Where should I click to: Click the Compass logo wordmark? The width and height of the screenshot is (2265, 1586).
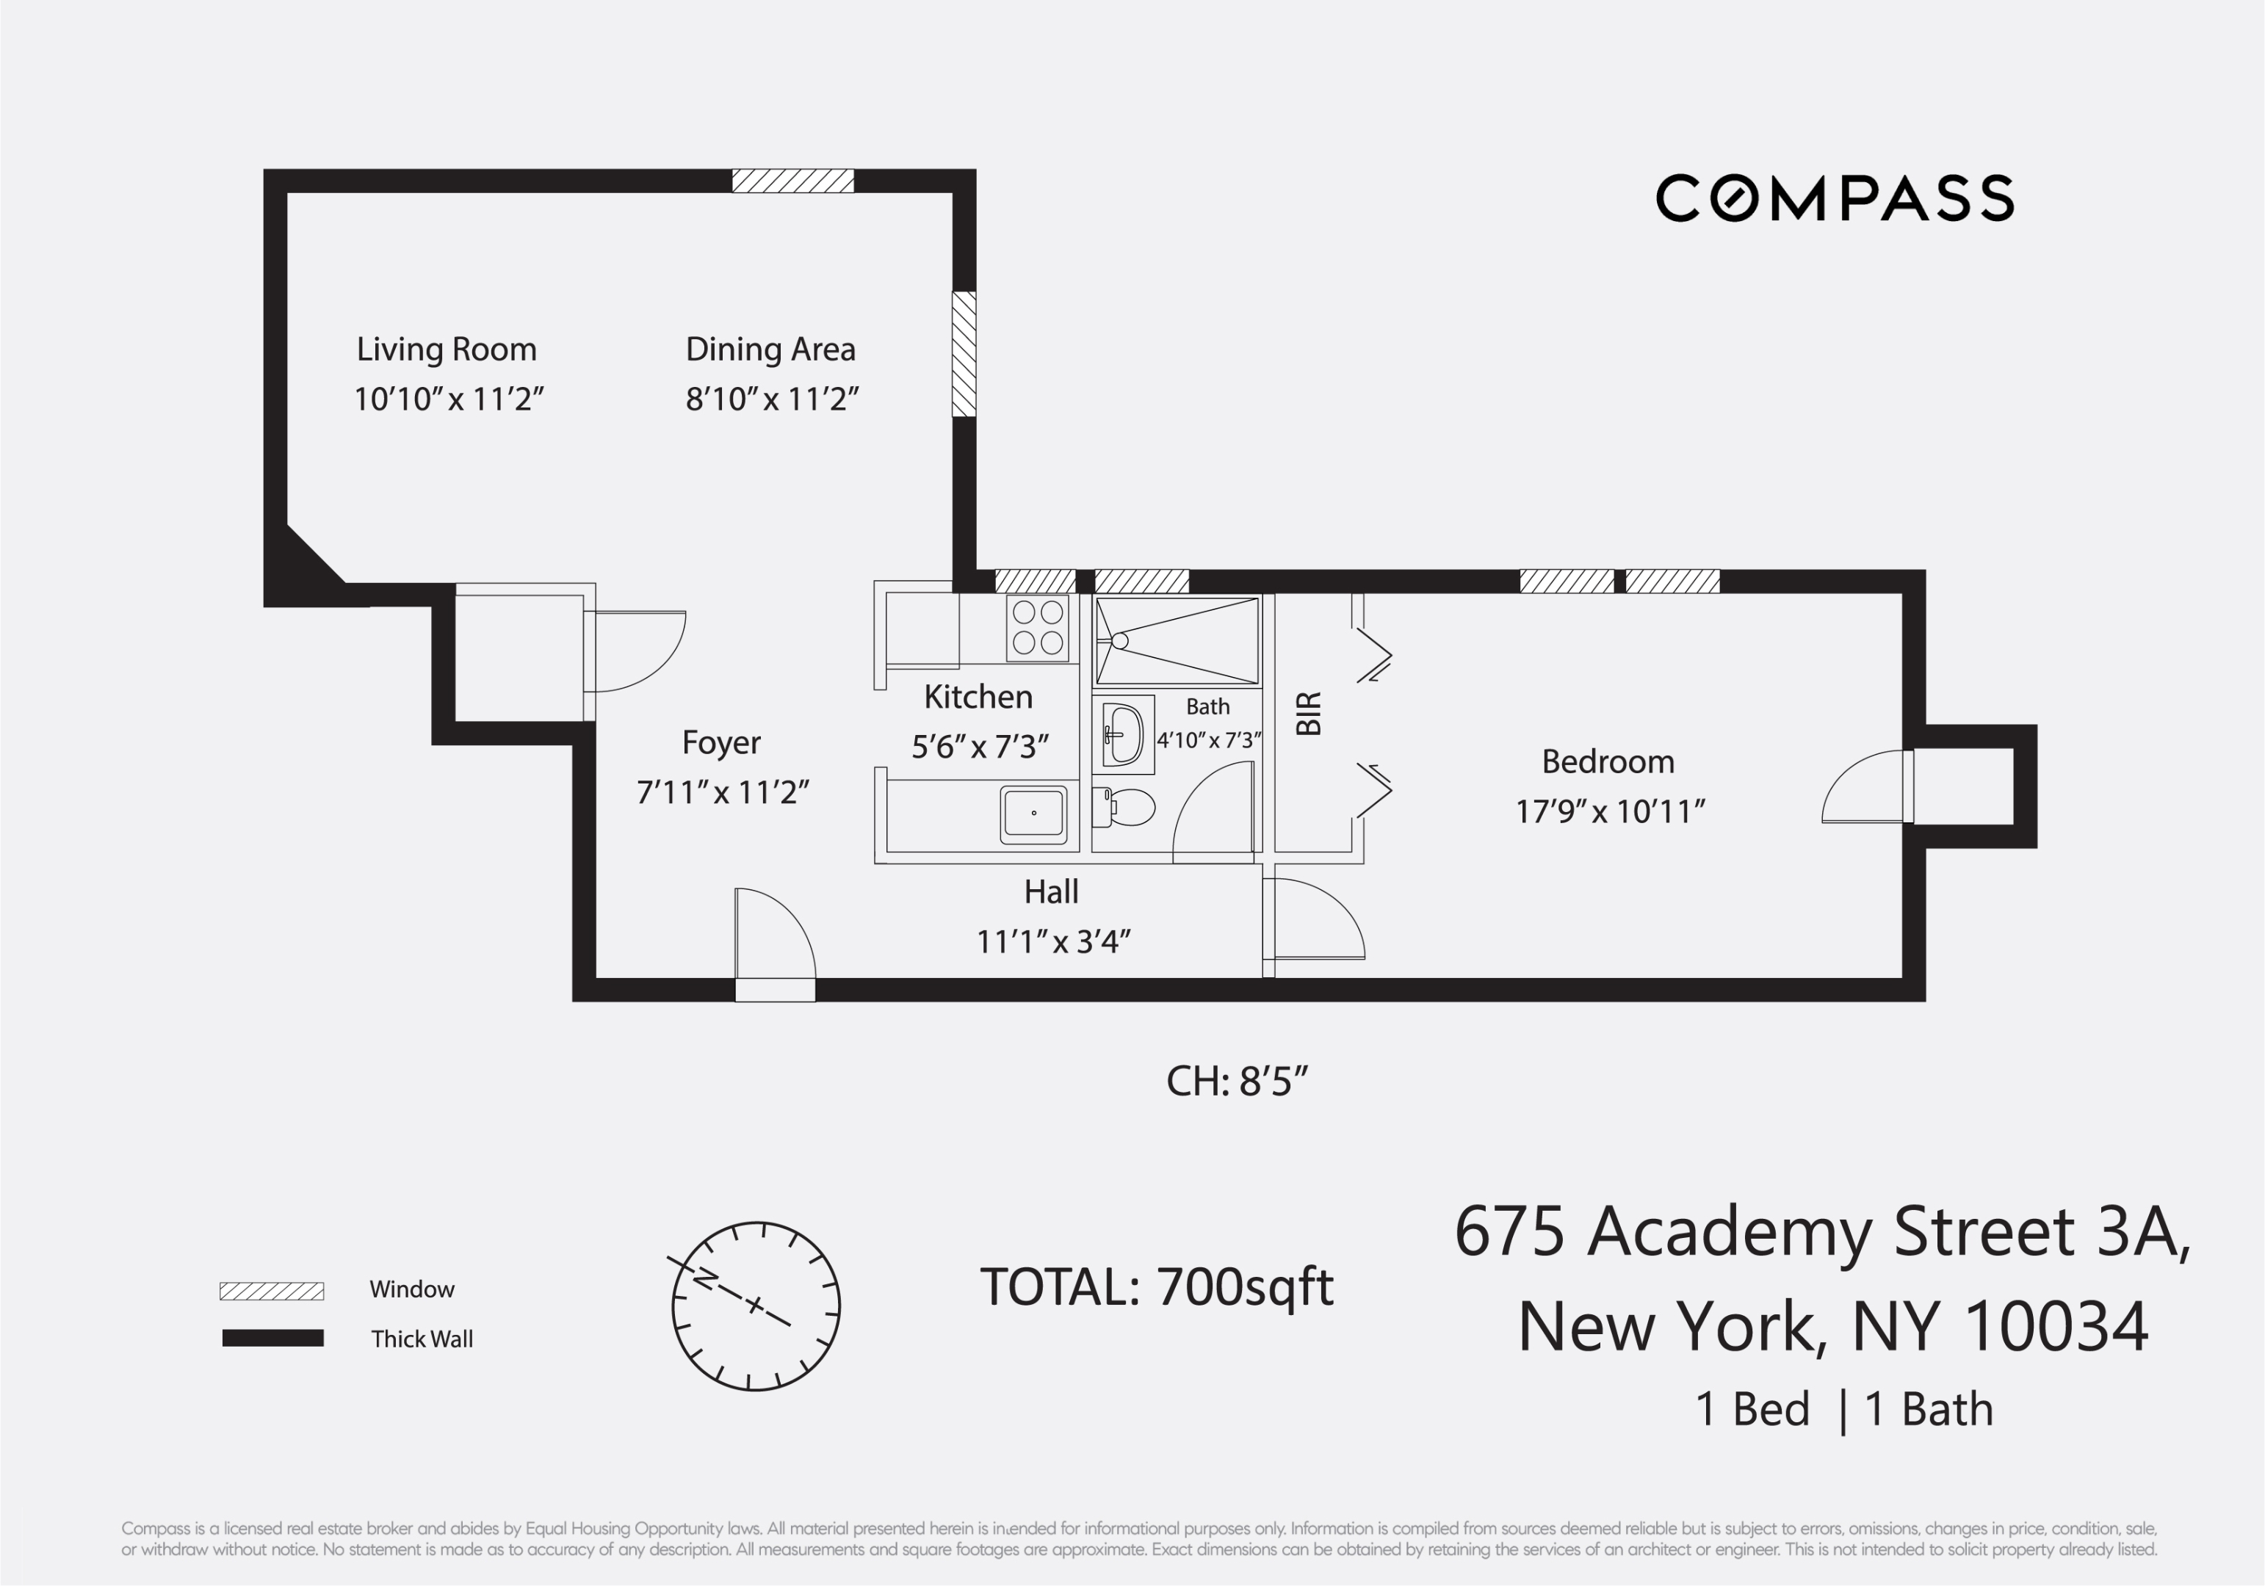(x=1834, y=198)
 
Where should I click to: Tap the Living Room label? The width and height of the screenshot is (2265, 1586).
(x=446, y=350)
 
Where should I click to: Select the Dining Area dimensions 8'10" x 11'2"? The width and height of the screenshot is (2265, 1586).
(x=771, y=399)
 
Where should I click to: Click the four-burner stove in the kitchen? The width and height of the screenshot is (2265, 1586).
(x=1038, y=627)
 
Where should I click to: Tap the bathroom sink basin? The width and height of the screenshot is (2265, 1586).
(x=1124, y=735)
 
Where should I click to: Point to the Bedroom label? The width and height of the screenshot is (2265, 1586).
(x=1608, y=761)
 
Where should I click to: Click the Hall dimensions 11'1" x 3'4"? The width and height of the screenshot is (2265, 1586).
(x=1052, y=942)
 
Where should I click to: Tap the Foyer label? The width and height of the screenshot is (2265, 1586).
(x=721, y=742)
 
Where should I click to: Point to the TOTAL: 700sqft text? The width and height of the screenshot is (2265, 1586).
(x=1156, y=1287)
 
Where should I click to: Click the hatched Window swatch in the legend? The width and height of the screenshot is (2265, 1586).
(x=271, y=1291)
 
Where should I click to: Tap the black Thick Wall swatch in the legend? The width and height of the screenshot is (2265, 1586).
(x=272, y=1339)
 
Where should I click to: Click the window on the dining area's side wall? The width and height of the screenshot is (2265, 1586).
(x=964, y=354)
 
